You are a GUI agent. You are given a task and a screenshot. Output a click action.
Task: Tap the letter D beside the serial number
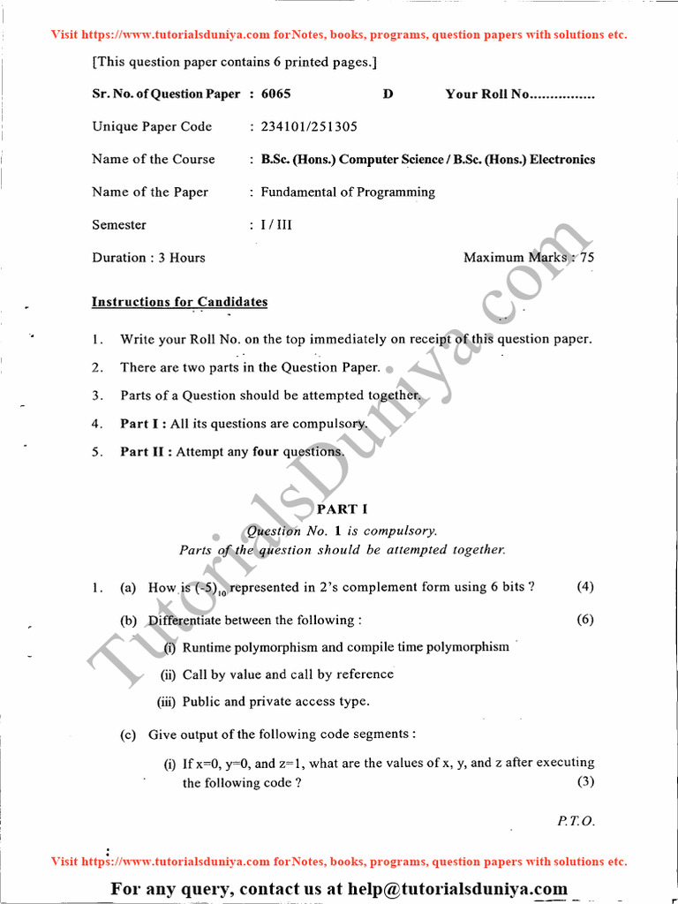(388, 94)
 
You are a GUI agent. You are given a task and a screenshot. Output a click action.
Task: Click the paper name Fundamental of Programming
(348, 192)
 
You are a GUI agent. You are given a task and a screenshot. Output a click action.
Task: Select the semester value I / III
(276, 224)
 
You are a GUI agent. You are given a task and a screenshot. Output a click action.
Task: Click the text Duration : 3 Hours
(148, 257)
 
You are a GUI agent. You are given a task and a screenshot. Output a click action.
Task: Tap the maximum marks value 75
(587, 257)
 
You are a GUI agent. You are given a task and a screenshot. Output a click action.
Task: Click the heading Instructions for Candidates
(179, 302)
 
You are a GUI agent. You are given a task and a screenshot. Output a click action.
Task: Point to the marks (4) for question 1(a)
(585, 586)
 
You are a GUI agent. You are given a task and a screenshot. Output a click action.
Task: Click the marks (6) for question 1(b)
(585, 619)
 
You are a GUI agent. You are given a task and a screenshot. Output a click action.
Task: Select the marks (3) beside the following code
(585, 782)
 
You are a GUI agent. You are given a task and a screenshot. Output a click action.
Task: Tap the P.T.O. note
(576, 820)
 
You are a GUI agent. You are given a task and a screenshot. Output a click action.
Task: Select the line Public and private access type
(275, 702)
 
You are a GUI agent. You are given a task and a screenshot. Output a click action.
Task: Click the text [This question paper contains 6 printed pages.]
(234, 62)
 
